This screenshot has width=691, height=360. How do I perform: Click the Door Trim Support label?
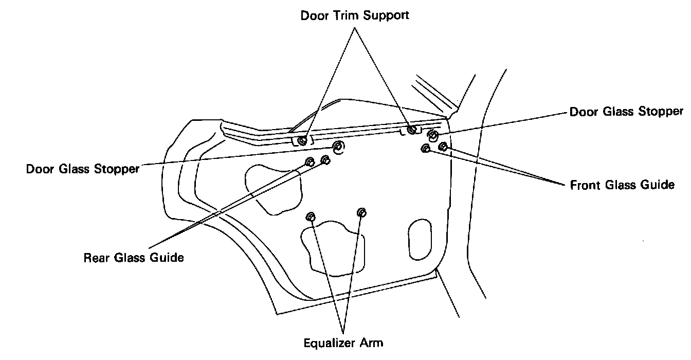click(x=355, y=15)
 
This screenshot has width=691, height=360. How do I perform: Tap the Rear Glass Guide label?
click(x=134, y=258)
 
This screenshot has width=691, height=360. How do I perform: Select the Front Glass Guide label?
click(x=622, y=185)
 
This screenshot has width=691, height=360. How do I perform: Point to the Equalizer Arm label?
click(x=343, y=343)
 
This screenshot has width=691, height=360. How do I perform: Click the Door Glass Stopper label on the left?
click(x=83, y=169)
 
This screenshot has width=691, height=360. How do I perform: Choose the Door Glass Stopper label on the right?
click(x=626, y=112)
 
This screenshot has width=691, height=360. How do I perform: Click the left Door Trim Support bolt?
click(x=303, y=140)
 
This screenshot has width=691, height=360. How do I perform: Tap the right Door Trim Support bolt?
click(x=411, y=130)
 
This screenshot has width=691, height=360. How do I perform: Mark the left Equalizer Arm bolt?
click(x=311, y=215)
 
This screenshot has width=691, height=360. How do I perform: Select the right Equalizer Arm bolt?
click(x=361, y=212)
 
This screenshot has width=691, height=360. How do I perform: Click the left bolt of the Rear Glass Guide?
click(x=310, y=162)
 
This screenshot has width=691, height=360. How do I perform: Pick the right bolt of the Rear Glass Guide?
click(x=325, y=160)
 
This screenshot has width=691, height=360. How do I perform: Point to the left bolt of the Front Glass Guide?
click(x=426, y=149)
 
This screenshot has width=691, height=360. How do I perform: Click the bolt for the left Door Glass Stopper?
click(x=338, y=148)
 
